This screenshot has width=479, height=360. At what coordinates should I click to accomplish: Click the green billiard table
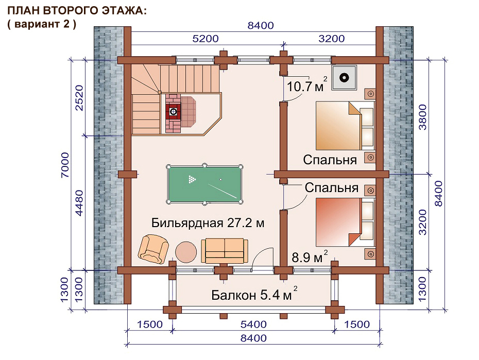pos(204,184)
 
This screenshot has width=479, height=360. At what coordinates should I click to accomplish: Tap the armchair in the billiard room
pos(153,248)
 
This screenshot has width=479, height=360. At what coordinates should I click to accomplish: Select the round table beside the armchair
pos(186,252)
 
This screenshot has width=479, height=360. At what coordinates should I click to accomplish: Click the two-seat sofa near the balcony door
pos(225,251)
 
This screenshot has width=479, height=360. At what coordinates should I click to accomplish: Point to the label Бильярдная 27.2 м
pos(208,223)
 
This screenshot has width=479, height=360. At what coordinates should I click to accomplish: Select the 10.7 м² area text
pos(306,85)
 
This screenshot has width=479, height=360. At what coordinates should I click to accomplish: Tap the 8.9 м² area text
pos(310,256)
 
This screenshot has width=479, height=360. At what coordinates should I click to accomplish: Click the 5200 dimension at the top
pos(206,39)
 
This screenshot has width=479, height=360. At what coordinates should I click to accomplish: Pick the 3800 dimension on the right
pos(422,117)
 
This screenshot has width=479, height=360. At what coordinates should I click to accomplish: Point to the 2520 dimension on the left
pos(79,98)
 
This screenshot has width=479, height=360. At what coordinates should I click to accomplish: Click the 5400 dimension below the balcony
pos(253,324)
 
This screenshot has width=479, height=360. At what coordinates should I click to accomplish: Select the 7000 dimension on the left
pos(65,165)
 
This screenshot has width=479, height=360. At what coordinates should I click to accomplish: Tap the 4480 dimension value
pos(79,203)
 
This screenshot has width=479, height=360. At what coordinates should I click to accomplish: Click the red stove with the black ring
pos(173,111)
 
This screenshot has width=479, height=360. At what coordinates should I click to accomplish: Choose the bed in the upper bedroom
pos(345,126)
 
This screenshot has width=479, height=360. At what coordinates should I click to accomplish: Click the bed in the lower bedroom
pos(345,222)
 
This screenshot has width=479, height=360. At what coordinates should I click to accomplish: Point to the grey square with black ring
pos(345,78)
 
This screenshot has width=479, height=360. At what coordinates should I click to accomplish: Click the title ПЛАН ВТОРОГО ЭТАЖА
pos(77,11)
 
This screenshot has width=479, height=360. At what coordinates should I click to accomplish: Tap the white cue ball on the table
pos(220,179)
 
